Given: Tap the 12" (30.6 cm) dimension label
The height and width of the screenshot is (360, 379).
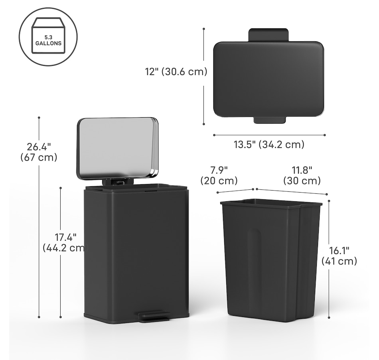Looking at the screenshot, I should click(x=176, y=72).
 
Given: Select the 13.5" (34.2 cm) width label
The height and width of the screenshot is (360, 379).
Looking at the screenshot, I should click(x=269, y=145).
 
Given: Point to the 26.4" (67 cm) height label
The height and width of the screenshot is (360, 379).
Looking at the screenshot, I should click(x=39, y=152).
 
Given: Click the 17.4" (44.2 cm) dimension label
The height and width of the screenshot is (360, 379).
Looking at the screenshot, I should click(x=64, y=242).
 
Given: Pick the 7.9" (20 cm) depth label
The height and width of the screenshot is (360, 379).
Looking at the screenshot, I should click(x=219, y=175).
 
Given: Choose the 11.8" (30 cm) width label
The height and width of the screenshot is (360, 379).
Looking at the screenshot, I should click(x=302, y=175).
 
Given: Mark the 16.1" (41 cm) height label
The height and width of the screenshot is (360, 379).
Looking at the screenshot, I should click(x=339, y=256).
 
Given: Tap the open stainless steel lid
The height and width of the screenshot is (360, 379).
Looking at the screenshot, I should click(x=117, y=148).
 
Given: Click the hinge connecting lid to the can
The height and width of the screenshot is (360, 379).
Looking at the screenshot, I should click(x=117, y=182).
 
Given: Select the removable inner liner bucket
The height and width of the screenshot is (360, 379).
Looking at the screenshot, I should click(x=271, y=263).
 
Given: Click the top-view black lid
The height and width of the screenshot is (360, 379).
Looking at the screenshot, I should click(x=268, y=79).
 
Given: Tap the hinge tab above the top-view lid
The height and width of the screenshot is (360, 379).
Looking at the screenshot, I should click(x=268, y=35).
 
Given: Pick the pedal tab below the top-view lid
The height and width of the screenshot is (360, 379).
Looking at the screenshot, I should click(x=269, y=120).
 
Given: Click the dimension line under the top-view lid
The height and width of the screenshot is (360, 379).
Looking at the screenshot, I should click(x=269, y=135).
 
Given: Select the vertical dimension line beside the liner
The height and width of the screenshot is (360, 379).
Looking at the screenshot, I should click(x=329, y=259).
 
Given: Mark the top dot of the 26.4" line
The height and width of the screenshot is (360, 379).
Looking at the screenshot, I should click(x=39, y=118).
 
